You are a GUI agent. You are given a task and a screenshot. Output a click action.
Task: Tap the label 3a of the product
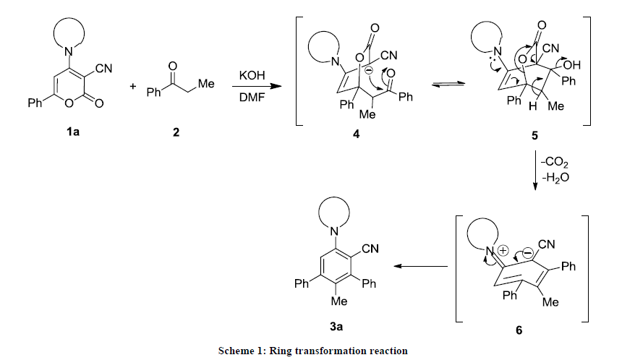[x=336, y=327]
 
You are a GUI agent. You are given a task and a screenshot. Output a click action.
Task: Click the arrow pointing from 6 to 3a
[x=422, y=267]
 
